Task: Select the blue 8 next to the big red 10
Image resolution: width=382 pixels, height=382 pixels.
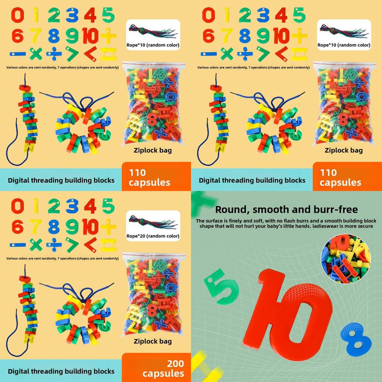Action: pos(356,340)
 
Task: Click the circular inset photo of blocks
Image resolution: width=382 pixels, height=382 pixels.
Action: pos(345,259)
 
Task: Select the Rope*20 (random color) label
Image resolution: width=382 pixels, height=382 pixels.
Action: pos(153,236)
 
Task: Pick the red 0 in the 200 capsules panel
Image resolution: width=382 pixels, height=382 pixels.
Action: pos(18,206)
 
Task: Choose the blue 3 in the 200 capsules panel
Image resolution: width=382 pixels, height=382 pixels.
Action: pos(72,206)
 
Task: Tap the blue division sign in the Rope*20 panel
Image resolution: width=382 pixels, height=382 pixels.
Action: pos(54,245)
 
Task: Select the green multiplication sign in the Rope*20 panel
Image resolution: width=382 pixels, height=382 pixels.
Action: pos(36,245)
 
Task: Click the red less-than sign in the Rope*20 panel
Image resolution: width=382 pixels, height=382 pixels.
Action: pos(90,245)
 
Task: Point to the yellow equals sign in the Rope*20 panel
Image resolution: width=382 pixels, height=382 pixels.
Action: pos(108,245)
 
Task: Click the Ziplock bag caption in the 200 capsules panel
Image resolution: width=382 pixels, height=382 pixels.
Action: pos(153,341)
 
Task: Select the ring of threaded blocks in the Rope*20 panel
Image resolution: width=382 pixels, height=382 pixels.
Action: pos(83,317)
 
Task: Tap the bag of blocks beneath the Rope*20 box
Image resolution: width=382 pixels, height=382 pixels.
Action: pos(153,295)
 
